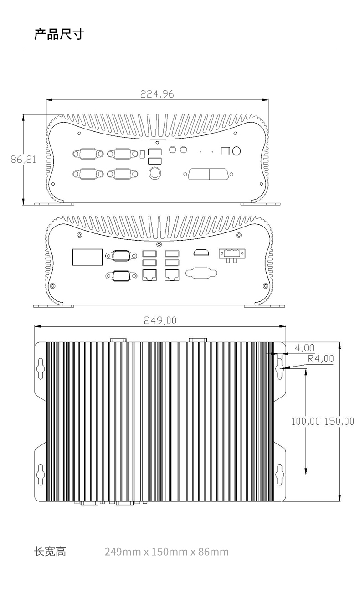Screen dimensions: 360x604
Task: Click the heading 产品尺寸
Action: (59, 34)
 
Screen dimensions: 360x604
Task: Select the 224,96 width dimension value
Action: (157, 94)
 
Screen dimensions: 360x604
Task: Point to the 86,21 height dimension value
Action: (23, 160)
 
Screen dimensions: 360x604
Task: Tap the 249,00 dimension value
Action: (160, 320)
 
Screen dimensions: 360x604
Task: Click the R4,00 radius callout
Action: (321, 359)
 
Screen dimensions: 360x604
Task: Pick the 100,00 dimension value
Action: (306, 421)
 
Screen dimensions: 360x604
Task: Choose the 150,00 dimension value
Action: (339, 421)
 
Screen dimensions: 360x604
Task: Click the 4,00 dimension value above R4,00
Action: (304, 348)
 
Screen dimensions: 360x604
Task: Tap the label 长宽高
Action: (50, 552)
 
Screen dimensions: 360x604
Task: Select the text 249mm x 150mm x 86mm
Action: (166, 552)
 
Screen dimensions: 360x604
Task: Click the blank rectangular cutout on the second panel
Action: (87, 257)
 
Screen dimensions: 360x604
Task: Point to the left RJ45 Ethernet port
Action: (149, 275)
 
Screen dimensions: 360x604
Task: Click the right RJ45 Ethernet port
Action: (172, 275)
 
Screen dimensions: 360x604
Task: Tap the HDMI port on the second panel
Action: (201, 253)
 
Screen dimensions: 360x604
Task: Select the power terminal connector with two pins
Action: (232, 255)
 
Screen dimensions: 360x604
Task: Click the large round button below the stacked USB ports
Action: (155, 173)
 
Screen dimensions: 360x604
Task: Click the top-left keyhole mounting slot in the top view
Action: (41, 368)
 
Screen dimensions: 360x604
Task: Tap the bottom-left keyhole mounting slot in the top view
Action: (41, 475)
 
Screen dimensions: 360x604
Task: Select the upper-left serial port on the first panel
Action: (88, 154)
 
